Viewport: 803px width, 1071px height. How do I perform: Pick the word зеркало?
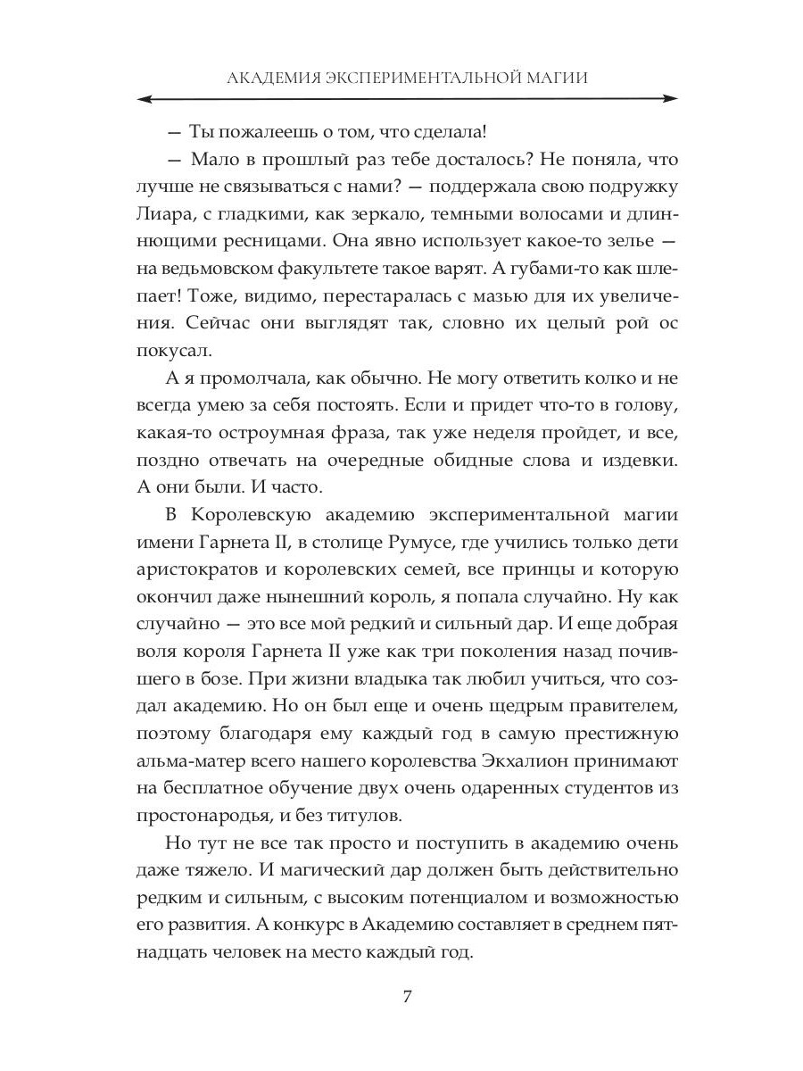352,215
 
